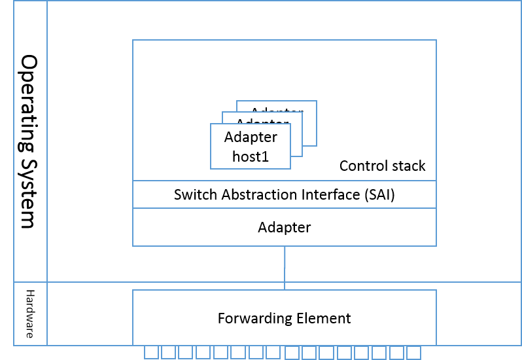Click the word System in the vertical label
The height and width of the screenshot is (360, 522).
pyautogui.click(x=28, y=192)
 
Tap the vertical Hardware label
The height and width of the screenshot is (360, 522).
pyautogui.click(x=29, y=314)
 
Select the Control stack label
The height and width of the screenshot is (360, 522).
pyautogui.click(x=382, y=166)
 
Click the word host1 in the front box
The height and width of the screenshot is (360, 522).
pyautogui.click(x=251, y=156)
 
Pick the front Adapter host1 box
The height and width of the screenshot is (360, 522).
pyautogui.click(x=251, y=147)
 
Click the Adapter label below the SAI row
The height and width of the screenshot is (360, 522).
pyautogui.click(x=284, y=228)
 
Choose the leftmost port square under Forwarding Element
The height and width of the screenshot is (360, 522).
pyautogui.click(x=151, y=353)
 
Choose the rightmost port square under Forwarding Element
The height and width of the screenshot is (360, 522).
pyautogui.click(x=413, y=353)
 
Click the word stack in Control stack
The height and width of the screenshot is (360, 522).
pyautogui.click(x=408, y=166)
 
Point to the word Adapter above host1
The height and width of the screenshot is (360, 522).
pyautogui.click(x=251, y=137)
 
